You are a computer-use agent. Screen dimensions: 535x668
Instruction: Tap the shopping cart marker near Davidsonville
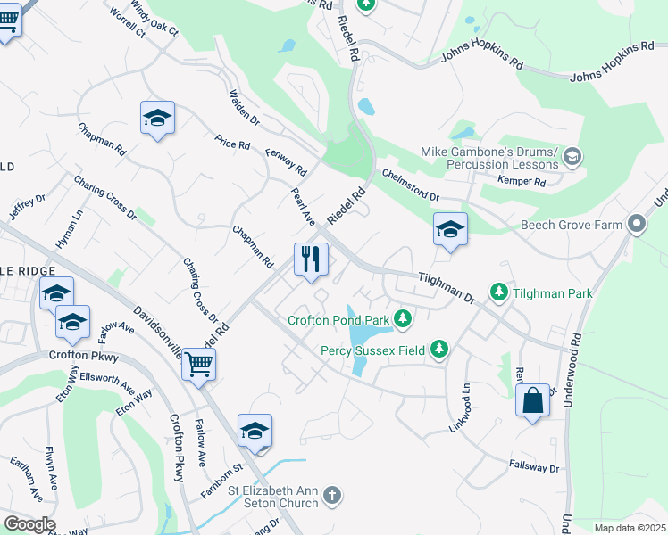(x=198, y=364)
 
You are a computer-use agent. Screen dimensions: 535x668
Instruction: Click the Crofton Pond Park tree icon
(x=403, y=318)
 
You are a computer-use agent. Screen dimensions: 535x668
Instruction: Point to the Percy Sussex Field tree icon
(x=438, y=349)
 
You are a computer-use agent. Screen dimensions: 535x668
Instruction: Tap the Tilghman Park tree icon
(x=498, y=292)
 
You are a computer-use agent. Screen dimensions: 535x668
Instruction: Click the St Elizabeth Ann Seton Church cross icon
(x=331, y=495)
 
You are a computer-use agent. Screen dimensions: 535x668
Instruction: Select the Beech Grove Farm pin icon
(x=636, y=224)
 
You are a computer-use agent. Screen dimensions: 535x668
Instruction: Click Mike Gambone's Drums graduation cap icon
(x=572, y=158)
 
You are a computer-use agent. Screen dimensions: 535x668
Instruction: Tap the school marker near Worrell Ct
(x=157, y=119)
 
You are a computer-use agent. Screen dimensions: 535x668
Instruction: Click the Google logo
(x=29, y=524)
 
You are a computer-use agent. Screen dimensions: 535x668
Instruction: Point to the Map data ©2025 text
(x=629, y=528)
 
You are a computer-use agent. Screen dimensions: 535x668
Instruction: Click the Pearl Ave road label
(x=304, y=206)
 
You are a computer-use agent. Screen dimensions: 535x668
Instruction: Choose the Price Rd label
(x=232, y=144)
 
